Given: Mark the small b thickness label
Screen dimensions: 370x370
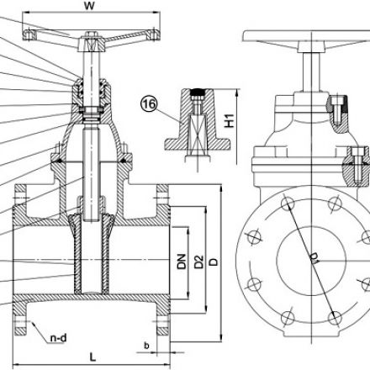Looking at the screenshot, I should click(x=146, y=345).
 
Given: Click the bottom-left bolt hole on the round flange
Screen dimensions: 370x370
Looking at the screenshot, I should click(x=286, y=315).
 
